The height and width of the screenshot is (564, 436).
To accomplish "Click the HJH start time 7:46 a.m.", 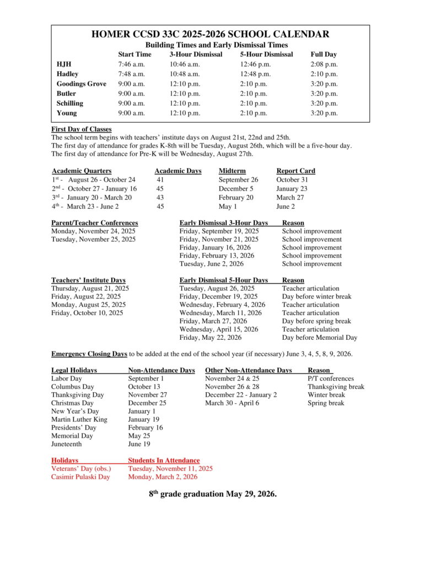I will pos(131,64).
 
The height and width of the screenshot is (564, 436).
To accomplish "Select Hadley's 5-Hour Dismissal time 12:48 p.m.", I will pos(255,74).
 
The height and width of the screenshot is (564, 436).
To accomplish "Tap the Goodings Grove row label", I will pos(82,84).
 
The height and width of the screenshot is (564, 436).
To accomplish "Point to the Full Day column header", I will pos(323,55).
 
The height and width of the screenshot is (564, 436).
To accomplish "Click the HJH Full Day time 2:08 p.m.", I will pos(324,64).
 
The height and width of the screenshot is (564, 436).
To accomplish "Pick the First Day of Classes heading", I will pos(81,129).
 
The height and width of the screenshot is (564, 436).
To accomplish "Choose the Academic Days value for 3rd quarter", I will pos(160,198).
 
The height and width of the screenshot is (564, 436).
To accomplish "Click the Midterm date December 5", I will pos(236,189).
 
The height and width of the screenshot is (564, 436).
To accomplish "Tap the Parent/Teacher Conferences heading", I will pos(94,223).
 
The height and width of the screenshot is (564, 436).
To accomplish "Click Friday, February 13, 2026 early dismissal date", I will pos(217,256).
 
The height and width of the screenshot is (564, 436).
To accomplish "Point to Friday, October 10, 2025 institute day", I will pos(87,313).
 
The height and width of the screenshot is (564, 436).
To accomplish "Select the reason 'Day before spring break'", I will pos(316,321).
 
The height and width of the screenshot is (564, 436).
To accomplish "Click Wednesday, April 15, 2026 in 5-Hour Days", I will pos(218,329).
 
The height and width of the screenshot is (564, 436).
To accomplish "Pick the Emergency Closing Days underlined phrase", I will pos(89,354).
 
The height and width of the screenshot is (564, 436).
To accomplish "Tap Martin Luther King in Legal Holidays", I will pos(79,420).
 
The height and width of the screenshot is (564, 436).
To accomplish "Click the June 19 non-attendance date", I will pos(138,444).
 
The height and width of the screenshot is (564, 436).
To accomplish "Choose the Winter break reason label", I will pos(326,395).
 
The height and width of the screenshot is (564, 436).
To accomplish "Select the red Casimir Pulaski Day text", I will pos(80,477).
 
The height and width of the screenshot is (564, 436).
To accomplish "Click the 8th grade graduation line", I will pos(212,494).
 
